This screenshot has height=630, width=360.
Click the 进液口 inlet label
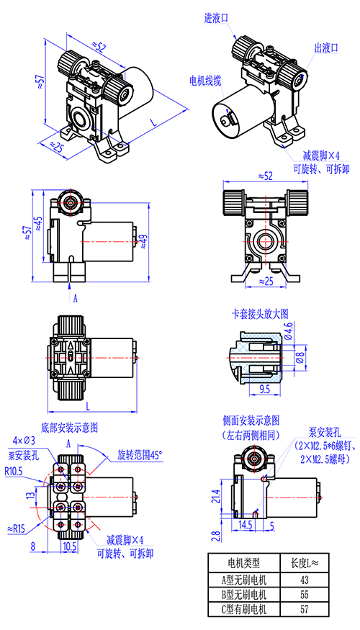[217, 18]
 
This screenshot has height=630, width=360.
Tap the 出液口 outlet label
[326, 49]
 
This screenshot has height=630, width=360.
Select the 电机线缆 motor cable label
[205, 81]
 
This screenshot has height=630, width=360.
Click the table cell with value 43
[304, 580]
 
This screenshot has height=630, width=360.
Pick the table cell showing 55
[304, 594]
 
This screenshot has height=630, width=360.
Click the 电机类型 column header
[244, 563]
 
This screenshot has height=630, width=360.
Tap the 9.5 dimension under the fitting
[265, 390]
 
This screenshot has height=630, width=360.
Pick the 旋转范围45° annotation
[140, 455]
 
